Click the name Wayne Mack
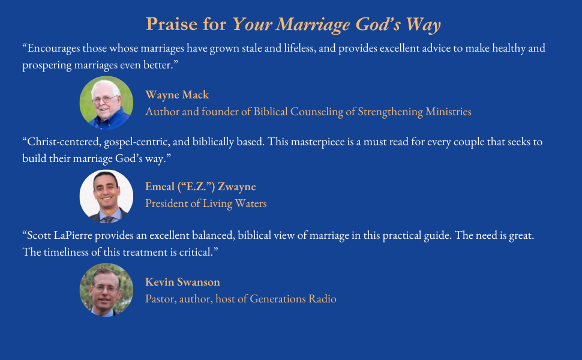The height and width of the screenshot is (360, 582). [177, 95]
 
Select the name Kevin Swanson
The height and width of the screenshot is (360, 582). [182, 282]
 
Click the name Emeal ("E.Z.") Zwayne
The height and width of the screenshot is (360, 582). [200, 187]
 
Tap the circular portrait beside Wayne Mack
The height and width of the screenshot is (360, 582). [106, 103]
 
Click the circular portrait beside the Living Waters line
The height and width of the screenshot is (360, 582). [106, 196]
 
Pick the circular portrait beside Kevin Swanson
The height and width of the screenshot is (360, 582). [106, 290]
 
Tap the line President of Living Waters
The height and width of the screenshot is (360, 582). [206, 203]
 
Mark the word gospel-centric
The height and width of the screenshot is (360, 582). [145, 142]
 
